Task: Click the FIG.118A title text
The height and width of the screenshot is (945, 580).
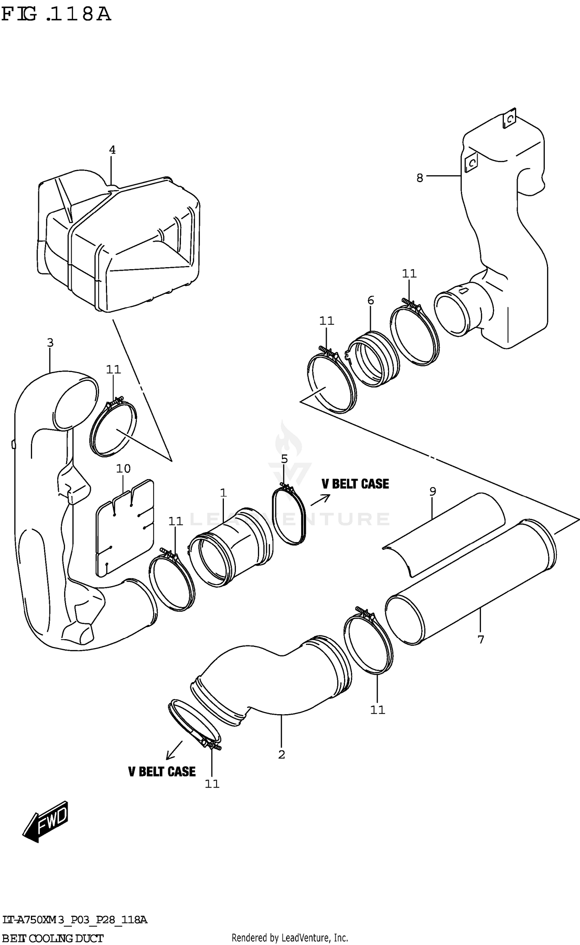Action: (x=56, y=14)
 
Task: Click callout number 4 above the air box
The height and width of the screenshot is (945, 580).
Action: (x=112, y=150)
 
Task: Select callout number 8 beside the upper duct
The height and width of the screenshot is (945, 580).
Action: (x=420, y=178)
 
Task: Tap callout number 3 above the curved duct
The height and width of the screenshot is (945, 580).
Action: (x=50, y=342)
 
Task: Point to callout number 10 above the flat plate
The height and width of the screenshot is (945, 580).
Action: (x=123, y=469)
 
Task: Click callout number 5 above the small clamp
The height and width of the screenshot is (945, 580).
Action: (x=284, y=459)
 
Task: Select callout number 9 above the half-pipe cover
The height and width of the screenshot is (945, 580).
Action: (x=433, y=491)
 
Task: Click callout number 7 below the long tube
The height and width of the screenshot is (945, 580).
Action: (x=481, y=640)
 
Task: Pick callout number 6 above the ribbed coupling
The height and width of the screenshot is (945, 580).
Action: (x=370, y=300)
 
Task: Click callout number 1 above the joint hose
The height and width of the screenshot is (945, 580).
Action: (x=223, y=493)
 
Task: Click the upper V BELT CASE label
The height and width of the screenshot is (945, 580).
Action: (x=355, y=484)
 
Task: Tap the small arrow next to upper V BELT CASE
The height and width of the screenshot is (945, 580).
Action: (x=320, y=500)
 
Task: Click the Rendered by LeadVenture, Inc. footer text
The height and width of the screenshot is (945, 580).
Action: (x=290, y=937)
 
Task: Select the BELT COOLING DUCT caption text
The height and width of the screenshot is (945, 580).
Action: (x=53, y=938)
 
